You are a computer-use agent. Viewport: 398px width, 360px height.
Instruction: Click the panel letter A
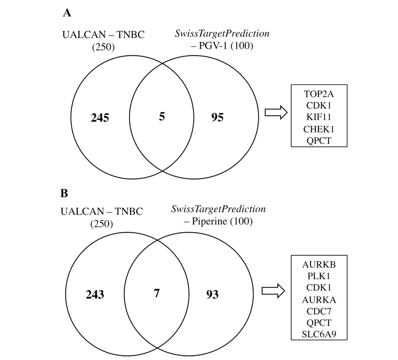[67, 13]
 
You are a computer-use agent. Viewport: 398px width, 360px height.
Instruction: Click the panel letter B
[64, 193]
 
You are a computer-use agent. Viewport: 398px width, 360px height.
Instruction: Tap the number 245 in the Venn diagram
[100, 118]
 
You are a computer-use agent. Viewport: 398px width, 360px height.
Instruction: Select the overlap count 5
[162, 117]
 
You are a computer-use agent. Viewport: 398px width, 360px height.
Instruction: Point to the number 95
[218, 117]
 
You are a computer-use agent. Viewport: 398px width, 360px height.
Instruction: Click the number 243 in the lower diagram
[95, 294]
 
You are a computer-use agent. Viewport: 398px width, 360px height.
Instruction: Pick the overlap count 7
[156, 293]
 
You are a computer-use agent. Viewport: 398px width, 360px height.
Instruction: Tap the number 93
[212, 294]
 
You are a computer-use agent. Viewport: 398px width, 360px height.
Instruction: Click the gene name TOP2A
[319, 94]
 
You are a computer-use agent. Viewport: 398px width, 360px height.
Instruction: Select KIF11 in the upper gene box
[319, 117]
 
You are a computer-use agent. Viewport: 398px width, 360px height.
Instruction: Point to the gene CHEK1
[319, 129]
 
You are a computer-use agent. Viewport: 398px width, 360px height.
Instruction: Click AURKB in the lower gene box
[319, 265]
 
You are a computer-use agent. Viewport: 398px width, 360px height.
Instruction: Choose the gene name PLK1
[319, 276]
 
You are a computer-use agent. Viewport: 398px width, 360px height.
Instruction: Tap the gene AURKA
[319, 300]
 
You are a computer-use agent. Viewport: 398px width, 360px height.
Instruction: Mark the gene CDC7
[319, 311]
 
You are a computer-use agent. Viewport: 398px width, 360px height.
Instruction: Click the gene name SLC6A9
[319, 334]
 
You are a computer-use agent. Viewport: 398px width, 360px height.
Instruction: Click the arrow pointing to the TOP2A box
[276, 113]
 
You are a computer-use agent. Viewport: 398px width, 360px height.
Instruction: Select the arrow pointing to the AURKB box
[273, 291]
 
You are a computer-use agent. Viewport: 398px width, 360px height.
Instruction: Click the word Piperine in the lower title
[209, 221]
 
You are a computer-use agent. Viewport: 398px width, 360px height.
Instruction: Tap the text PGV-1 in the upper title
[214, 46]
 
